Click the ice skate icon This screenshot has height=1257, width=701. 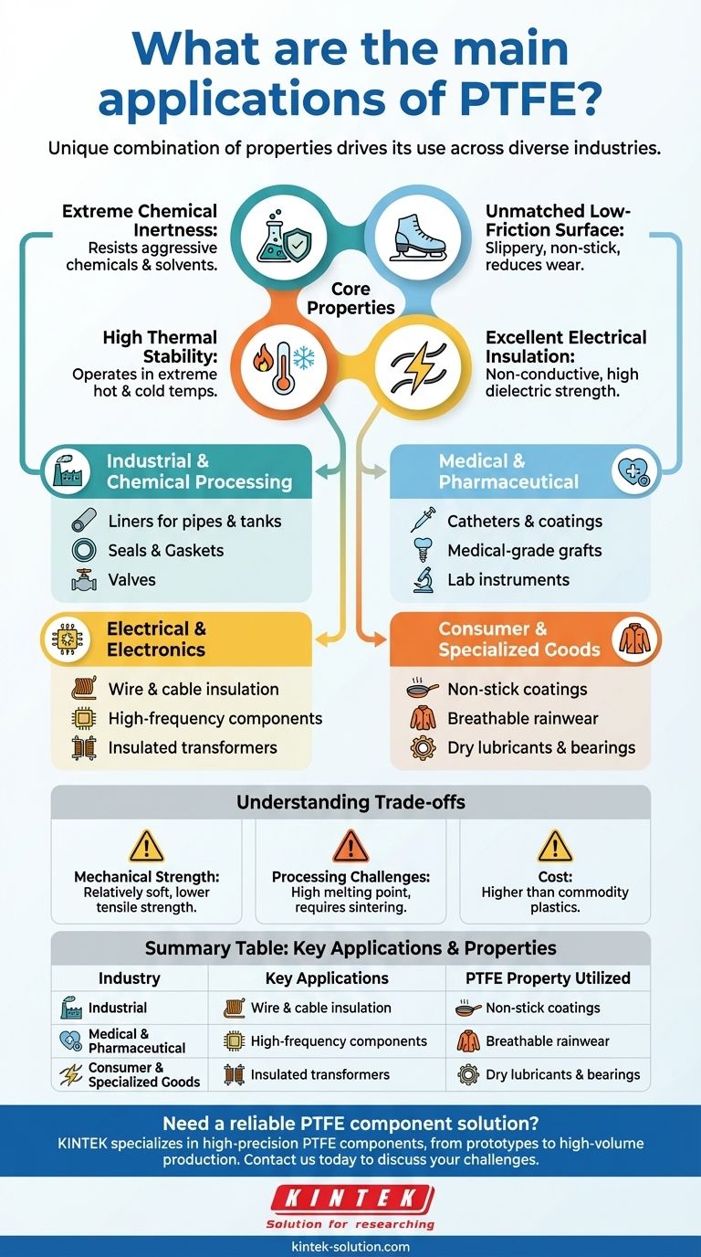pyautogui.click(x=419, y=234)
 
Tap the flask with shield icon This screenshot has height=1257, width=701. pyautogui.click(x=282, y=234)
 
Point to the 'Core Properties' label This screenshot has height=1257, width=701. pyautogui.click(x=350, y=300)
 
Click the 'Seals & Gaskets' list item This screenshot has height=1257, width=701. pyautogui.click(x=165, y=550)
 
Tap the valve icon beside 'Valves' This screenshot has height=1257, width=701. pyautogui.click(x=83, y=580)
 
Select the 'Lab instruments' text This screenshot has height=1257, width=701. pyautogui.click(x=507, y=579)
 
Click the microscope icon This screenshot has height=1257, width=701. pyautogui.click(x=423, y=580)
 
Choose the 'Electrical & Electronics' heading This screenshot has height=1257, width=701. pyautogui.click(x=156, y=639)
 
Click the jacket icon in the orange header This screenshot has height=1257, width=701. pyautogui.click(x=633, y=639)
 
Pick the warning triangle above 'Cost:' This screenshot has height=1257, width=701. pyautogui.click(x=555, y=847)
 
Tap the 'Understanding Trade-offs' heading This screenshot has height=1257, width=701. pyautogui.click(x=350, y=802)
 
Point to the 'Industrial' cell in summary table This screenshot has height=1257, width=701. pyautogui.click(x=117, y=1008)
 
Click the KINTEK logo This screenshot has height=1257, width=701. pyautogui.click(x=350, y=1199)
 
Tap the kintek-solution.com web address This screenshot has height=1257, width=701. pyautogui.click(x=350, y=1246)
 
